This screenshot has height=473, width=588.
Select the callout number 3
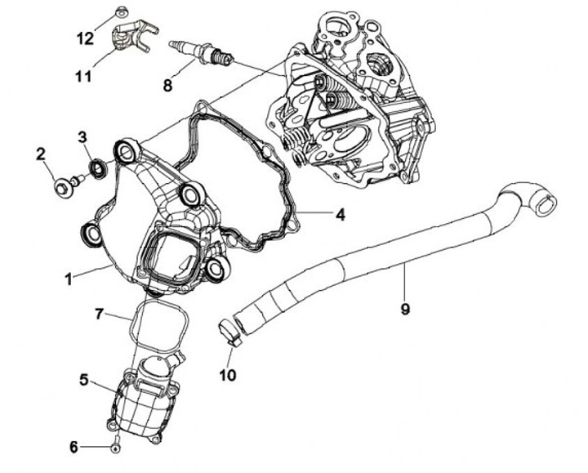point(83,136)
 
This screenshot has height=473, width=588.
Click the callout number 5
point(85,379)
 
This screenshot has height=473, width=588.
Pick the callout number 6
point(73,447)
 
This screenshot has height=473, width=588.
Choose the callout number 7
point(99,314)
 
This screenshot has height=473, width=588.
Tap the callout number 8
point(168,82)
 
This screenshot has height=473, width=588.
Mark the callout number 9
point(405,309)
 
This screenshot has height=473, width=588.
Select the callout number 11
point(83,77)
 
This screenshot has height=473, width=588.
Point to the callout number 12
point(86,38)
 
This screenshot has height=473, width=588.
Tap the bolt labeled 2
point(65,187)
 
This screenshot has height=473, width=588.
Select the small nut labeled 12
point(119,11)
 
